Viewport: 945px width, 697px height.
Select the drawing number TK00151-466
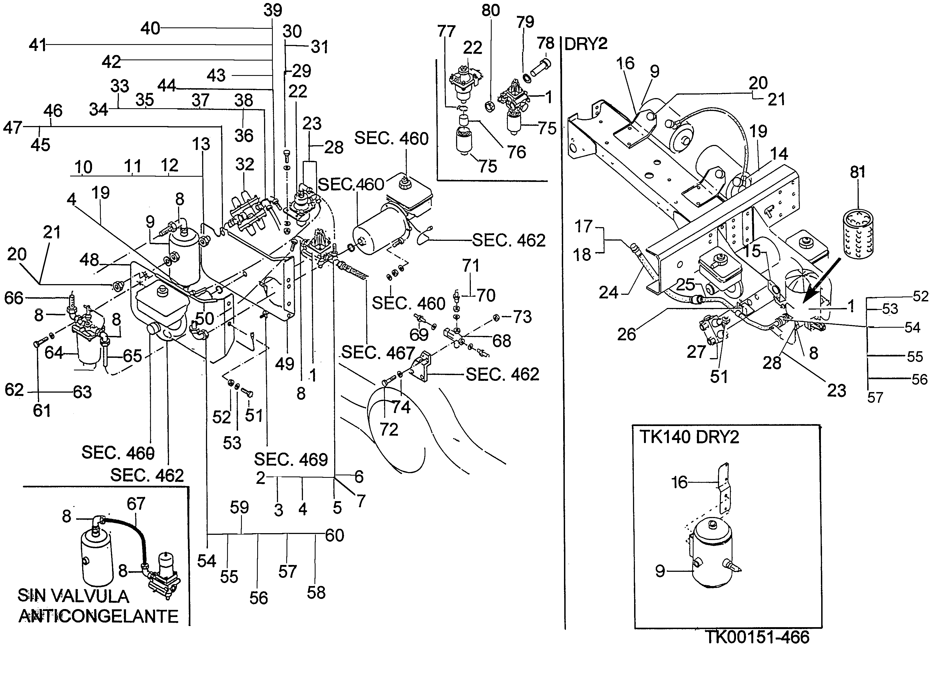tap(757, 637)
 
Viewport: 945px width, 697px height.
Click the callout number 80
tap(490, 10)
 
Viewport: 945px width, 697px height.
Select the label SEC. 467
tap(378, 352)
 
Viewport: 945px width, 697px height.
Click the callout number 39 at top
tap(273, 10)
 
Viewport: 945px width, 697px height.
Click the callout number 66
tap(13, 298)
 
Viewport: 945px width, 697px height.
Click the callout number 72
tap(389, 430)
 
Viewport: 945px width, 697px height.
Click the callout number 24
tap(608, 292)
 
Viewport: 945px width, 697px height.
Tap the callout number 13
tap(201, 144)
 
